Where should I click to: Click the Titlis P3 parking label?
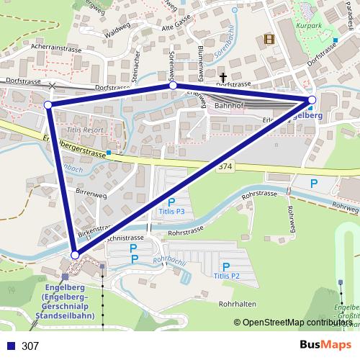click(x=171, y=212)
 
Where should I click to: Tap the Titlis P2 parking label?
click(x=226, y=276)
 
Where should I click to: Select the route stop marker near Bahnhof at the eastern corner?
click(x=312, y=99)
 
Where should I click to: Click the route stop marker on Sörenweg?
click(x=173, y=86)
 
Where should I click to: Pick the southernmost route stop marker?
click(x=75, y=255)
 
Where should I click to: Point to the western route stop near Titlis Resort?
click(x=48, y=105)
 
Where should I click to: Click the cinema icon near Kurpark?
click(x=269, y=40)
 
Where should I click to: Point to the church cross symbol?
click(x=223, y=76)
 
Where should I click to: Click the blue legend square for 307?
click(x=10, y=346)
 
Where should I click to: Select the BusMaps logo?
click(x=325, y=345)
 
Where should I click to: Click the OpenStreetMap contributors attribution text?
click(x=297, y=323)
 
